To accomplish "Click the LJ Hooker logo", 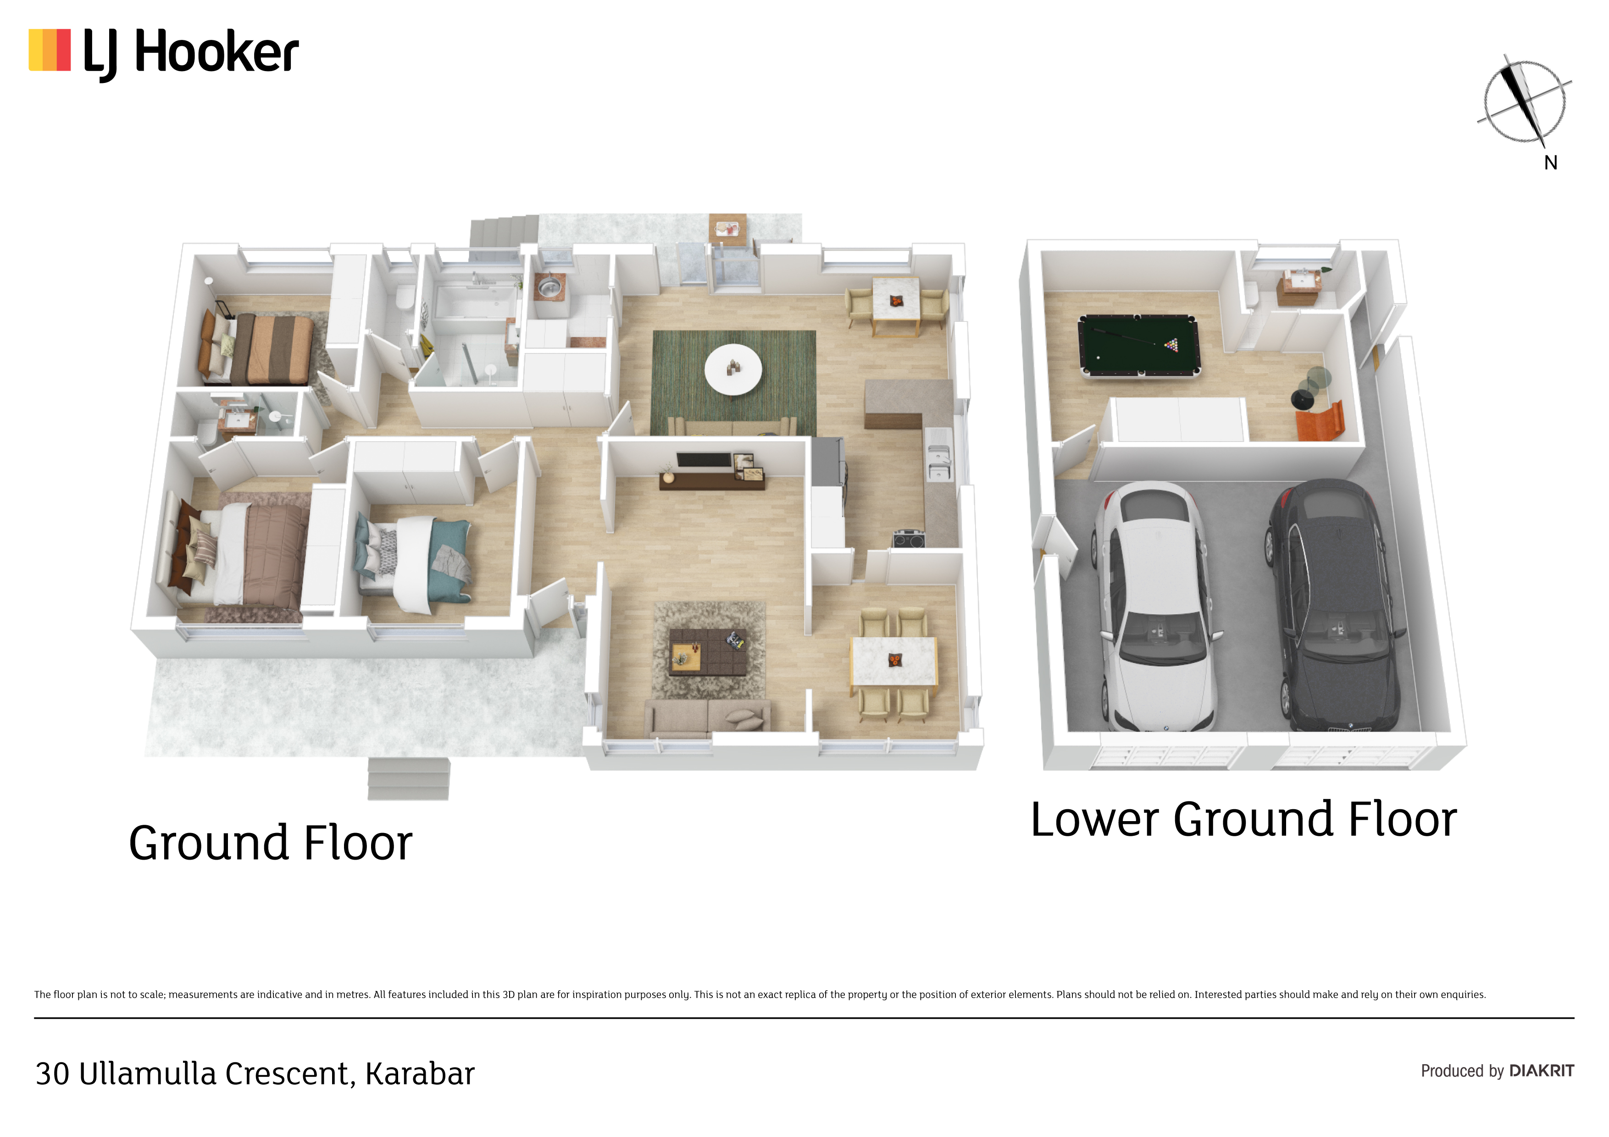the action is [x=163, y=53].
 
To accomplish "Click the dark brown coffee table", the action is [x=707, y=652].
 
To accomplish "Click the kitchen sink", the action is [x=938, y=455].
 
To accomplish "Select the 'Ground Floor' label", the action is [x=271, y=844].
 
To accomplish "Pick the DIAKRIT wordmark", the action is [x=1542, y=1071].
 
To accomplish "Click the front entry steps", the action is [x=409, y=779].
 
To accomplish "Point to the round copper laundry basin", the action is [x=549, y=287].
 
